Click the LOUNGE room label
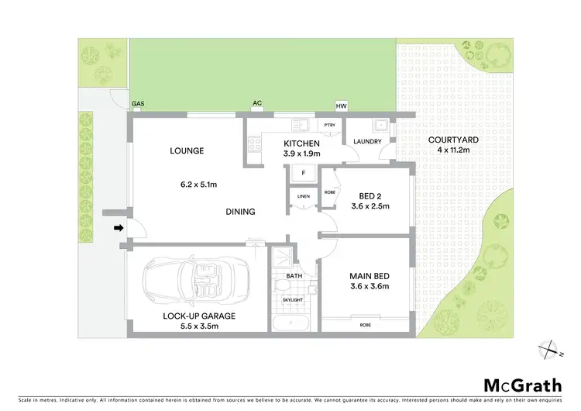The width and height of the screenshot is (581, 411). pyautogui.click(x=187, y=150)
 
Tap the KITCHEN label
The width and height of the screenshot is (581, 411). pyautogui.click(x=297, y=143)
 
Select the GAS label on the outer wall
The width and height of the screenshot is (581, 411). pyautogui.click(x=138, y=103)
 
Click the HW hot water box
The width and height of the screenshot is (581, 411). pyautogui.click(x=341, y=106)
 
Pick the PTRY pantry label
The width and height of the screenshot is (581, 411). pyautogui.click(x=329, y=125)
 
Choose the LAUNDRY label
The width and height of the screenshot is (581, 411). pyautogui.click(x=366, y=142)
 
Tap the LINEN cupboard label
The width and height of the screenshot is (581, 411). pyautogui.click(x=304, y=196)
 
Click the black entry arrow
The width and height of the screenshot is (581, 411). pyautogui.click(x=119, y=228)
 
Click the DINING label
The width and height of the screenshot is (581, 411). pyautogui.click(x=241, y=212)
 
